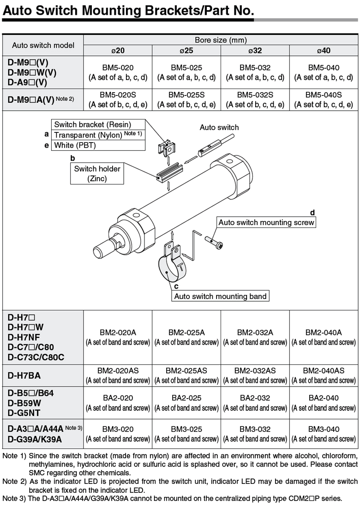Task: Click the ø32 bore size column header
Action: [x=255, y=50]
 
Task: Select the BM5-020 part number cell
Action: [x=118, y=67]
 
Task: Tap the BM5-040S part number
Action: [x=324, y=95]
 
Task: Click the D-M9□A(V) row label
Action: [x=41, y=99]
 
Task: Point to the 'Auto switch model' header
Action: [x=43, y=45]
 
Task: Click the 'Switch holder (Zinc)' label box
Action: [x=97, y=173]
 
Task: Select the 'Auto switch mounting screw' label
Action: [x=266, y=222]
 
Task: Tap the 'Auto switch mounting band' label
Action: [x=220, y=296]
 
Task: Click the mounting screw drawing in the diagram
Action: [x=214, y=243]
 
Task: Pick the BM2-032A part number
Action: [x=255, y=333]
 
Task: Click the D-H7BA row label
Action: [x=24, y=376]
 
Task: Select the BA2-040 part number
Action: [x=324, y=398]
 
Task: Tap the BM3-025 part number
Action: [x=186, y=429]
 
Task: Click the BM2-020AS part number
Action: [x=118, y=370]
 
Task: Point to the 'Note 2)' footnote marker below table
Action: [x=14, y=481]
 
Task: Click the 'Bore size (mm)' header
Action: [x=221, y=40]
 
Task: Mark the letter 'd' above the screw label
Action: [x=312, y=213]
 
